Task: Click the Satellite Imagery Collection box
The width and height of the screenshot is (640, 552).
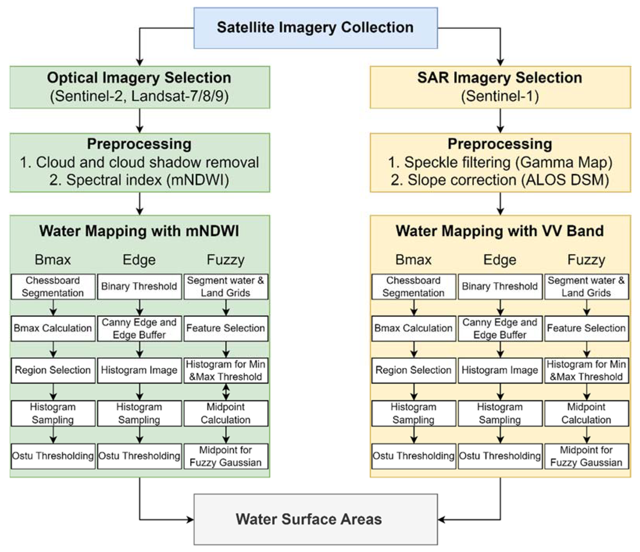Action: pyautogui.click(x=315, y=28)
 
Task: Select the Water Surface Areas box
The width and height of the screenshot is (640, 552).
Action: pyautogui.click(x=315, y=519)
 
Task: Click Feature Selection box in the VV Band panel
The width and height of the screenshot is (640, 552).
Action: pyautogui.click(x=586, y=328)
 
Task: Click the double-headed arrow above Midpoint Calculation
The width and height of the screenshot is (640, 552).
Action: pyautogui.click(x=226, y=392)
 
